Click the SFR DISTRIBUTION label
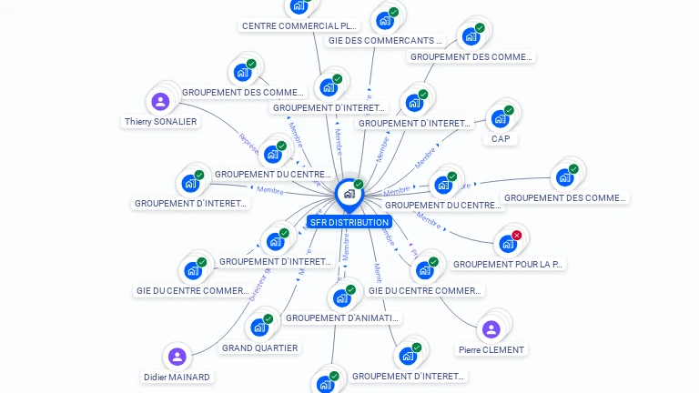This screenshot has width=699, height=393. pos(349,222)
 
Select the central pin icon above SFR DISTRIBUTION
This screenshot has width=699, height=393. pos(349,194)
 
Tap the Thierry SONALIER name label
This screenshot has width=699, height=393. pos(161,121)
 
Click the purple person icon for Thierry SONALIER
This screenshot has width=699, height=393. pos(161,101)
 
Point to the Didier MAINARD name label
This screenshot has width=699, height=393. pos(177,377)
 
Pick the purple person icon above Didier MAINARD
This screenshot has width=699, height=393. pos(177,357)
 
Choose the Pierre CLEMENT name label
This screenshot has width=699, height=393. pos(491,349)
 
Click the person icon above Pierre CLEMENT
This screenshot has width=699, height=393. pos(491,328)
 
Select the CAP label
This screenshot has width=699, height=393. pos(501,139)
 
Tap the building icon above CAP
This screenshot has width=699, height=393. pos(500,118)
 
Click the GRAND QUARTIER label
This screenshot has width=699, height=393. pos(260,348)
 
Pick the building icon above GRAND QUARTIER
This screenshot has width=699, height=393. pos(259,327)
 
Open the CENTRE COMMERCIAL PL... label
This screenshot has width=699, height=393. pos(299,25)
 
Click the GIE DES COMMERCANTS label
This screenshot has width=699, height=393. pos(386,40)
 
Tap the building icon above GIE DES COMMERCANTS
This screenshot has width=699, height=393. pos(385,20)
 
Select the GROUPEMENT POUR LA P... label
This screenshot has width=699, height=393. pos(509,264)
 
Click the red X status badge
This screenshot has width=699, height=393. pos(517,236)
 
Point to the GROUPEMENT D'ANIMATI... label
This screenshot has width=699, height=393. pos(342,317)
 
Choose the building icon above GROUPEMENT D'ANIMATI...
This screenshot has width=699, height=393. pos(341,297)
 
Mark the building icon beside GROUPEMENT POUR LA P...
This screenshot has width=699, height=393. pos(507,244)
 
